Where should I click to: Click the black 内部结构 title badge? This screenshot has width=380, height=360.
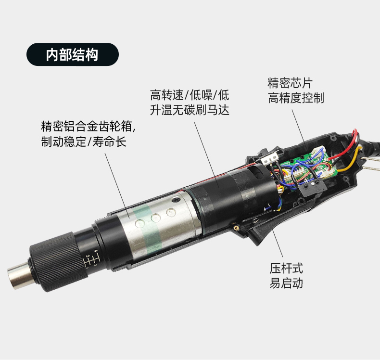(x=73, y=54)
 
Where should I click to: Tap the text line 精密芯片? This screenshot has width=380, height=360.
(x=290, y=83)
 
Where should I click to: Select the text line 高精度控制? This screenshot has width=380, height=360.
(x=296, y=98)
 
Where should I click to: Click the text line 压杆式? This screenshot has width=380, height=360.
(x=286, y=269)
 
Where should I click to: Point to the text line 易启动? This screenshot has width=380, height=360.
(x=286, y=283)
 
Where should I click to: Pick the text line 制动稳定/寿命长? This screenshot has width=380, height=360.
(x=84, y=141)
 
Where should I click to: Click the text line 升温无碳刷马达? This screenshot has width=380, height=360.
(x=190, y=110)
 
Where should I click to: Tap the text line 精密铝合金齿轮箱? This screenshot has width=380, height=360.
(x=88, y=126)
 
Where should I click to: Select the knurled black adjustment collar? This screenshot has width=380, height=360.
(x=58, y=262)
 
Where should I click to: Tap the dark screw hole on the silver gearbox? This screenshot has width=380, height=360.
(x=176, y=200)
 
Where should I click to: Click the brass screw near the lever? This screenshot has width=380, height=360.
(x=236, y=227)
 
